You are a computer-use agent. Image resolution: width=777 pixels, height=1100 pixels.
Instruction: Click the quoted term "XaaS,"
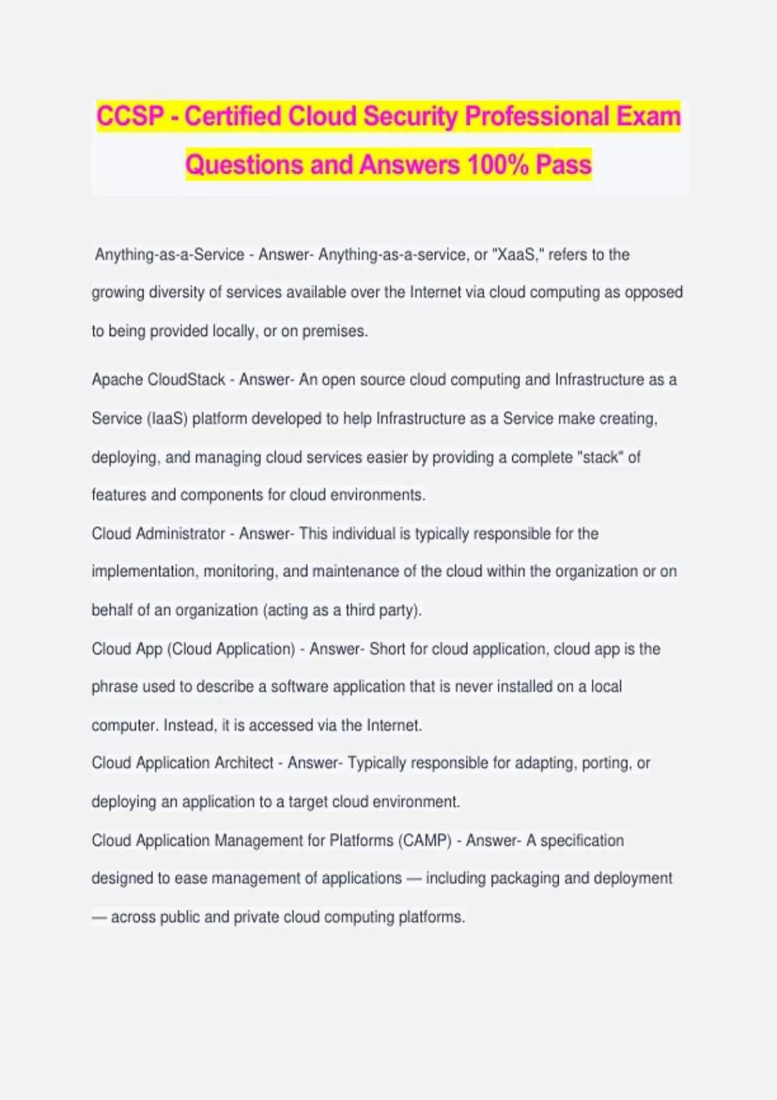pos(517,255)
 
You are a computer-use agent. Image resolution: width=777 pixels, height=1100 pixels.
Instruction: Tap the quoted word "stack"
pos(600,457)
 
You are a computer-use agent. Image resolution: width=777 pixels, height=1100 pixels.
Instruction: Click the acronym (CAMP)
pos(424,841)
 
